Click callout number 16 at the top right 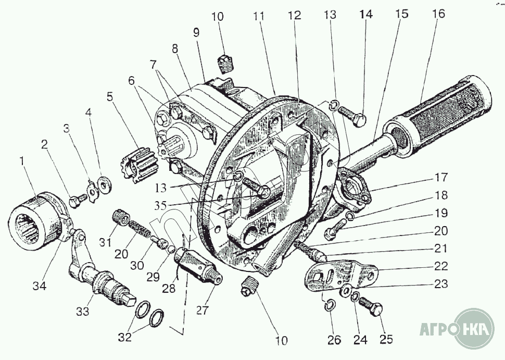click(438, 14)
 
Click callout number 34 click(40, 285)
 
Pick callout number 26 click(334, 340)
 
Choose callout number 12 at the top click(294, 15)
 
